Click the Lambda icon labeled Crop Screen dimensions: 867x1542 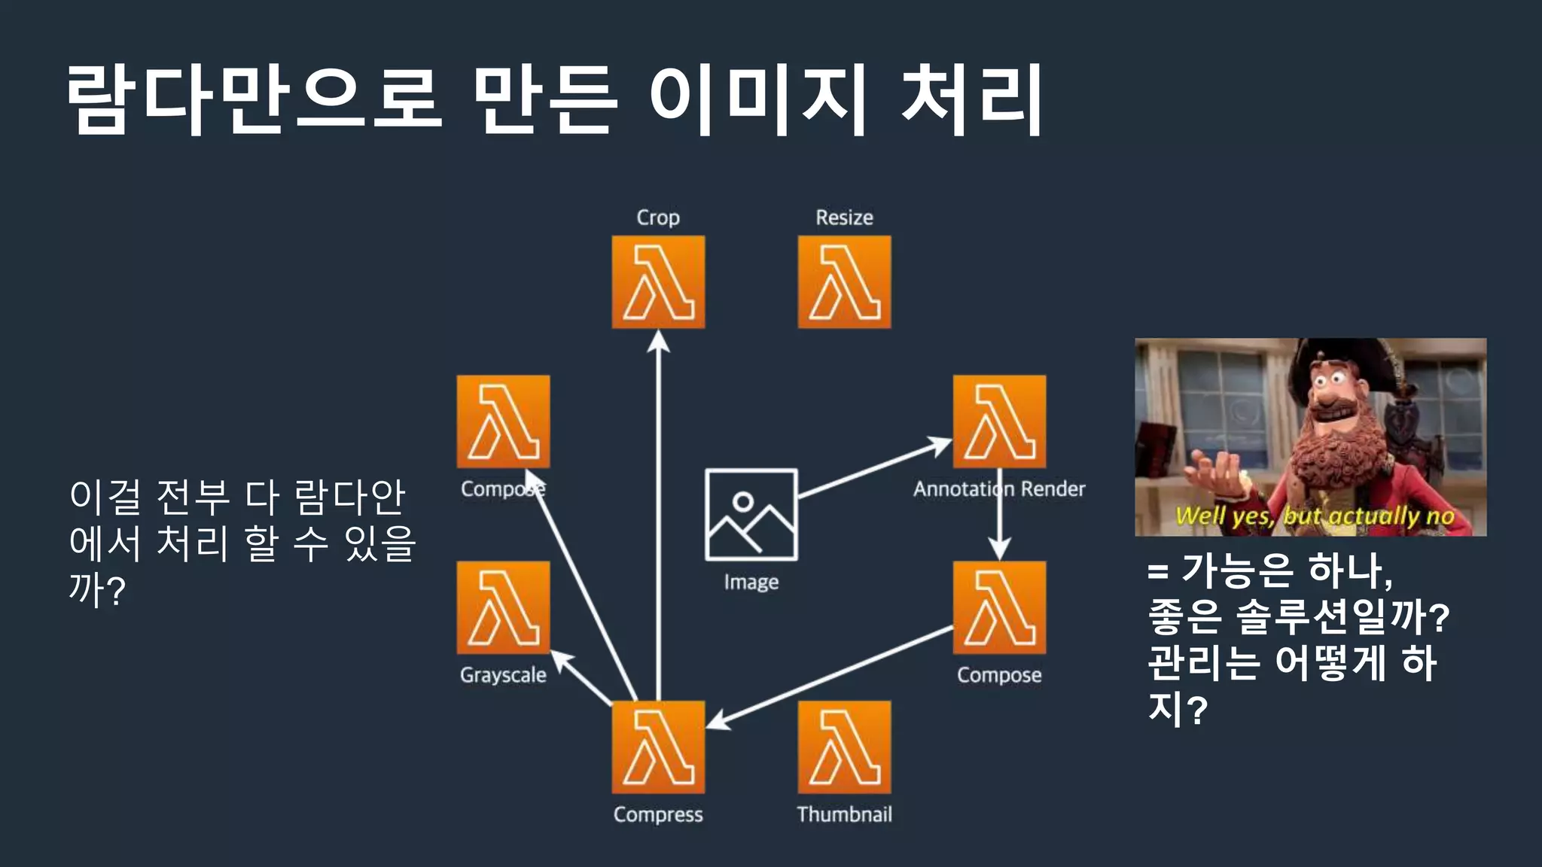[658, 282]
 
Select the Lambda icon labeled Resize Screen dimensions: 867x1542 [844, 282]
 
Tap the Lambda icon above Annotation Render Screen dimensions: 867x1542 [999, 421]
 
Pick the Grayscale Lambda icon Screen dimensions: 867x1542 [503, 608]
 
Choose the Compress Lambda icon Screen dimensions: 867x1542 [658, 747]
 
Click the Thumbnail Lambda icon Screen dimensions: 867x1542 [844, 747]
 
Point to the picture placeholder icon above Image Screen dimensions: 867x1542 [751, 515]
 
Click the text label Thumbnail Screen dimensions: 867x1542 [844, 814]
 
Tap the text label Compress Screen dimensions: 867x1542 [658, 814]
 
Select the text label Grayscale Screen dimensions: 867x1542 [503, 675]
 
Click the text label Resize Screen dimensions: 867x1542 [844, 218]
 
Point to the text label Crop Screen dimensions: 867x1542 [658, 218]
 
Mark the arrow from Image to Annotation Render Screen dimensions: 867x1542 [873, 467]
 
